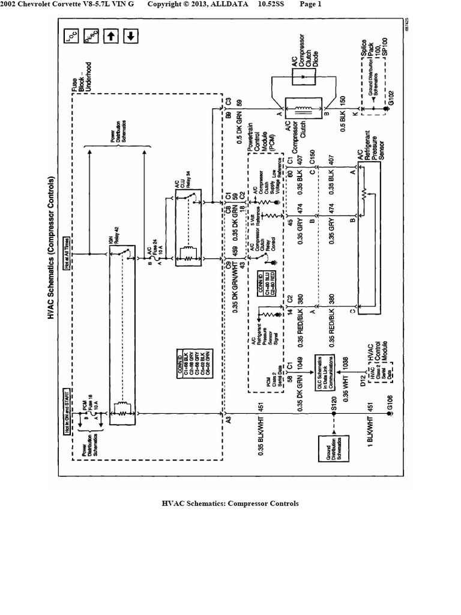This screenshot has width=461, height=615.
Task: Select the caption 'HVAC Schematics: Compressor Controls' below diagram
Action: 230,503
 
